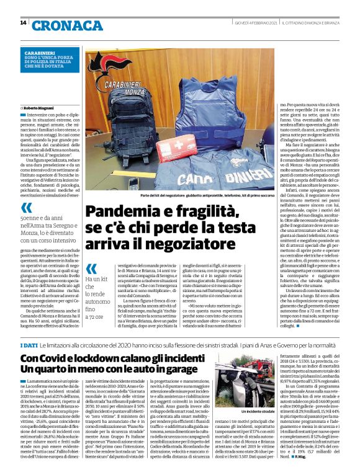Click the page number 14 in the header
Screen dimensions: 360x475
click(x=23, y=23)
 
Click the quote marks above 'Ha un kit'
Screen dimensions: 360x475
click(x=91, y=269)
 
